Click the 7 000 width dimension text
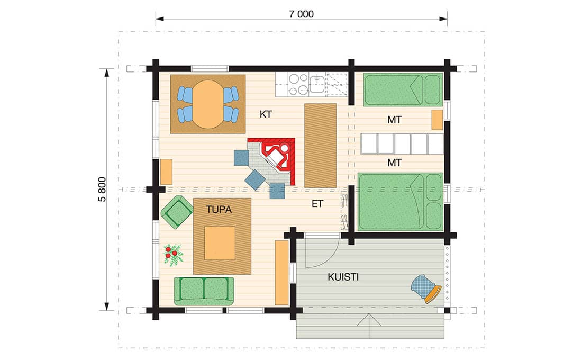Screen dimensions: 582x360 (x=301, y=14)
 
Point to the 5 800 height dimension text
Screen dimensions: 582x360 (x=102, y=189)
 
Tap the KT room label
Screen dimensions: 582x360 (x=266, y=114)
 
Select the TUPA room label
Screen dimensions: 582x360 (x=219, y=210)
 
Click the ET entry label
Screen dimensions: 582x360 (x=317, y=204)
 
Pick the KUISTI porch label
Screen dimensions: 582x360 (x=343, y=277)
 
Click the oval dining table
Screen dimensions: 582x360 (x=208, y=104)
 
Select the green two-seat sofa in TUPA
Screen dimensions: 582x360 (x=204, y=291)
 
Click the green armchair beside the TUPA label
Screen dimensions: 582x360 (x=177, y=212)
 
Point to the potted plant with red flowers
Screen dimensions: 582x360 (x=173, y=255)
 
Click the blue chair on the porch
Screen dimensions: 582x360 (x=426, y=289)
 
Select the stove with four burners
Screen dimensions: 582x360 (x=298, y=84)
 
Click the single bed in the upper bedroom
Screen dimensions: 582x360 (x=403, y=89)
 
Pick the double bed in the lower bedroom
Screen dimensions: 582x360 (x=401, y=202)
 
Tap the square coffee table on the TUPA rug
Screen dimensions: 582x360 (x=220, y=243)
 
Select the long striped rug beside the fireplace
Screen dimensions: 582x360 (x=320, y=146)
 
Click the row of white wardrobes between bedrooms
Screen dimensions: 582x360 (x=402, y=144)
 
